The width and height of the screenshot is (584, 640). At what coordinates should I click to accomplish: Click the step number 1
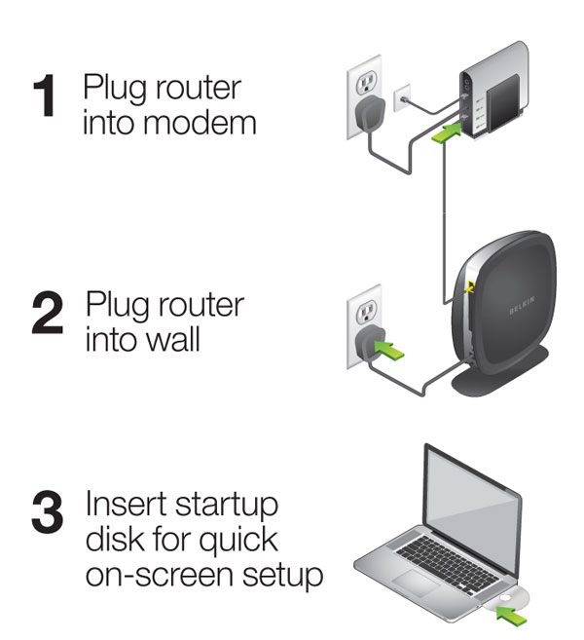pyautogui.click(x=46, y=97)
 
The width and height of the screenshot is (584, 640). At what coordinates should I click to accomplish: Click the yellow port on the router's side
pyautogui.click(x=470, y=287)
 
